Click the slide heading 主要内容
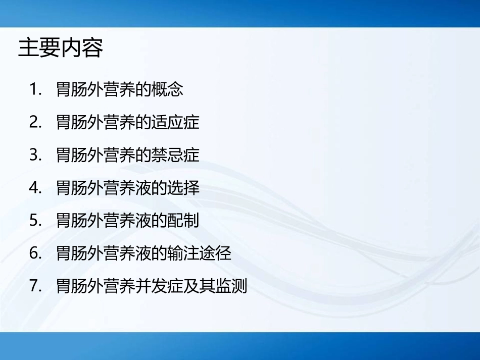tap(61, 49)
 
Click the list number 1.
tap(35, 90)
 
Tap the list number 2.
tap(35, 123)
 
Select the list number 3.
tap(35, 155)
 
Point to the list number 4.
tap(35, 188)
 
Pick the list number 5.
tap(35, 221)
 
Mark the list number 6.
tap(35, 253)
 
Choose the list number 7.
tap(35, 286)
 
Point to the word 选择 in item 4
tap(184, 188)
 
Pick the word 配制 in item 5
tap(184, 221)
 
